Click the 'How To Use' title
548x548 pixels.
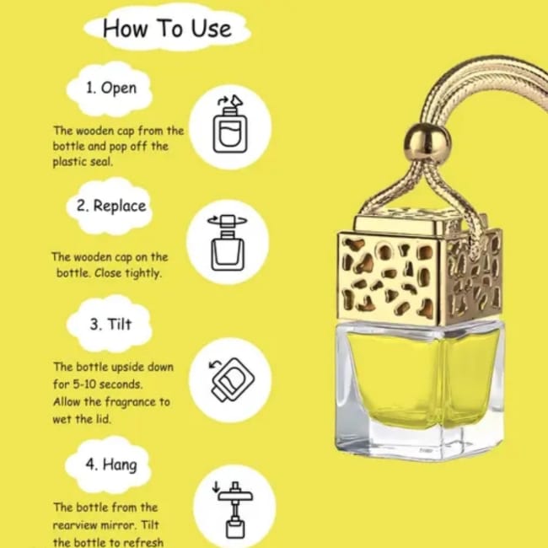(x=167, y=28)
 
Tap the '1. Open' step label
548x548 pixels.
(x=111, y=88)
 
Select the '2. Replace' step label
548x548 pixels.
(x=111, y=206)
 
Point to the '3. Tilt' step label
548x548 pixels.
(x=110, y=324)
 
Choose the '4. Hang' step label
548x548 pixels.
(x=111, y=465)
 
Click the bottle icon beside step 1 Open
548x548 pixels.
(x=230, y=125)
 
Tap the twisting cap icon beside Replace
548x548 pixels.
(x=228, y=243)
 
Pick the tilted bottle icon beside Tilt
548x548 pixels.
(x=232, y=379)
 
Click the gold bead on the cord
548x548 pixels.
(x=427, y=142)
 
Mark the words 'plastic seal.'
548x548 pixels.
(x=83, y=162)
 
